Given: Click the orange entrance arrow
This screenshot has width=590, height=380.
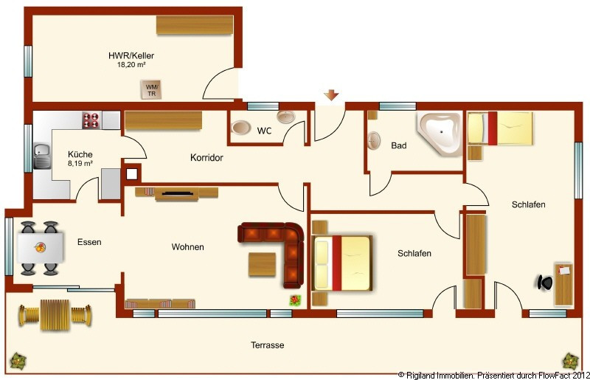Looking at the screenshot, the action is coord(331,95).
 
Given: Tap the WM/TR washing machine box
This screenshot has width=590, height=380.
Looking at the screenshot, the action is coord(151,89).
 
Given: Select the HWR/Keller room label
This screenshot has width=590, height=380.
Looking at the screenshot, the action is coord(131,56).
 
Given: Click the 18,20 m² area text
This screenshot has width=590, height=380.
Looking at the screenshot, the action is coord(131,65).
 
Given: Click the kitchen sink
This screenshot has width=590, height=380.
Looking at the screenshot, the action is coord(42,156).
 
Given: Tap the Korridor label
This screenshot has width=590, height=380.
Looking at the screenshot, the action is coord(206,158).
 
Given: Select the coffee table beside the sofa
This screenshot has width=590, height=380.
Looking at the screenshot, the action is coord(263,265).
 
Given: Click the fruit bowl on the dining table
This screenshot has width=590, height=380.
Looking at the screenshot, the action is coord(41,247).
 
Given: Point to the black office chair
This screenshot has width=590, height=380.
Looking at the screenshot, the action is coord(544,283).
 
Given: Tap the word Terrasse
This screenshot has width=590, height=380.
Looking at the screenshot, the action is coord(268,345).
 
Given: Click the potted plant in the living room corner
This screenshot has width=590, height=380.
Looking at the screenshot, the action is coord(296,300).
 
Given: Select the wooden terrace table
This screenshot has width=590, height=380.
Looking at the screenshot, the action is coord(55,315).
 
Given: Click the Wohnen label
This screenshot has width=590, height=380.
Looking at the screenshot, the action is coord(188,247).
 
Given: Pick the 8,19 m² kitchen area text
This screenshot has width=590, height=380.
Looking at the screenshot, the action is coord(80,164).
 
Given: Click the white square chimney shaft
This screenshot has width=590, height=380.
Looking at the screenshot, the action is coord(132,174).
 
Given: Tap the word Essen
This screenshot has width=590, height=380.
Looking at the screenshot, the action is coord(89,242).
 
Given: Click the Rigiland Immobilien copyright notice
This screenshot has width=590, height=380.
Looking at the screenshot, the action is coord(493,376).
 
